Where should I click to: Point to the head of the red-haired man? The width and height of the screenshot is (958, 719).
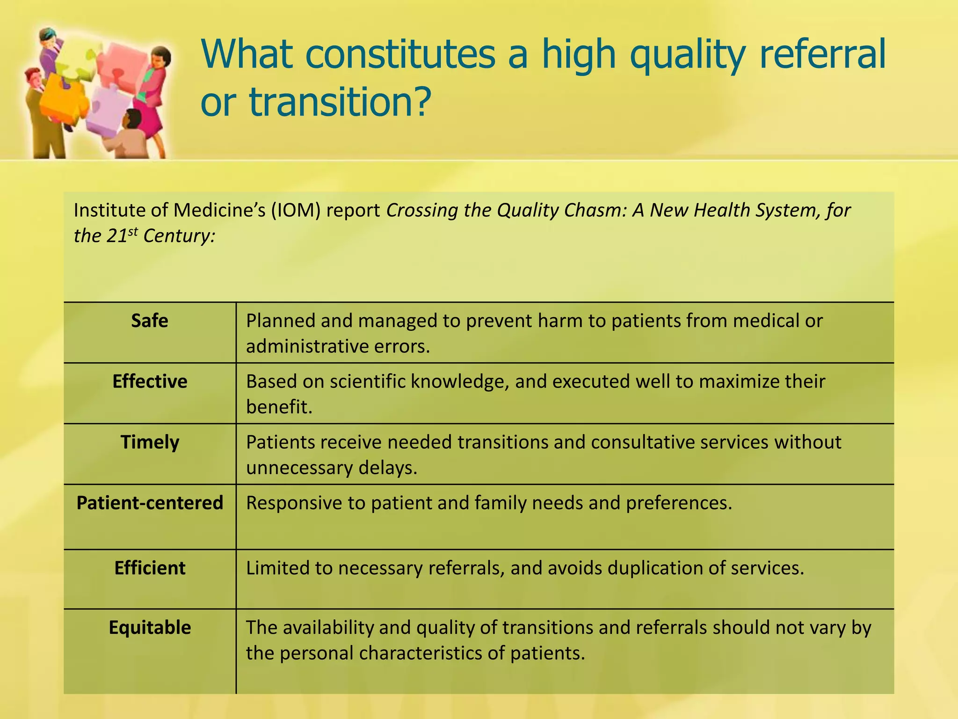[x=33, y=77]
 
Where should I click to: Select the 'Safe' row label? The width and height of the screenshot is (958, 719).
[x=149, y=321]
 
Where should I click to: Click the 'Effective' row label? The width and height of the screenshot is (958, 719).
[x=150, y=382]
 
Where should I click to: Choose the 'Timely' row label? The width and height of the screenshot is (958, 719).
[x=150, y=442]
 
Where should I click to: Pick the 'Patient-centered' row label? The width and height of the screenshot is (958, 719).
[x=150, y=503]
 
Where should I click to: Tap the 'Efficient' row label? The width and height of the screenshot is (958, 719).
[x=150, y=568]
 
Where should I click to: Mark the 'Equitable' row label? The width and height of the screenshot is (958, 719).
[x=150, y=628]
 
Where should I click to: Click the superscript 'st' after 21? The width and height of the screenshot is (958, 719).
[x=133, y=231]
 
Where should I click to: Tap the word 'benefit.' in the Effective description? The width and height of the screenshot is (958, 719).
[x=279, y=407]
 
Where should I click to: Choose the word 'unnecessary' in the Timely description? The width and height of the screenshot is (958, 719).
[x=299, y=468]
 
